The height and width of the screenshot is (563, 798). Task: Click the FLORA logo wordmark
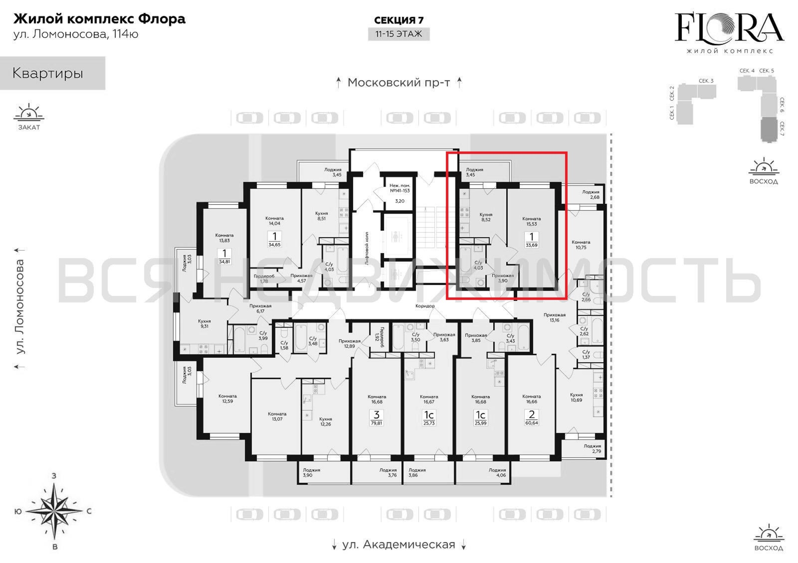click(729, 28)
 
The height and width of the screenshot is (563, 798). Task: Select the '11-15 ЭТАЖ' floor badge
click(399, 34)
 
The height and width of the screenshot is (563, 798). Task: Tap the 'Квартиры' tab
click(48, 73)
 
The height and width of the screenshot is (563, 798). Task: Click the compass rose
click(54, 511)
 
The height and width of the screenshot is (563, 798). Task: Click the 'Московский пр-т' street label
click(399, 83)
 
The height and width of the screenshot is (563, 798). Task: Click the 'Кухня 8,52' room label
click(486, 217)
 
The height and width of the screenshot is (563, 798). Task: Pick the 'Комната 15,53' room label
click(531, 221)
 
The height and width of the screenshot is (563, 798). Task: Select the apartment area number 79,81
click(376, 423)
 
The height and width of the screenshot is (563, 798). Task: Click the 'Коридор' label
click(425, 306)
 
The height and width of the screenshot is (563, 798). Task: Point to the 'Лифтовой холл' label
click(367, 248)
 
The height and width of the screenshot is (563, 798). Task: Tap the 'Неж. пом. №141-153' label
click(400, 188)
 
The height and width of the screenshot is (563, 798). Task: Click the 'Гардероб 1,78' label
click(264, 279)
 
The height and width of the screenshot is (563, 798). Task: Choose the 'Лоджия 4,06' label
click(497, 472)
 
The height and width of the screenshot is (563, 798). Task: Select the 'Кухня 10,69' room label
click(576, 397)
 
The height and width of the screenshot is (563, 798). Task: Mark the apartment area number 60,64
click(531, 423)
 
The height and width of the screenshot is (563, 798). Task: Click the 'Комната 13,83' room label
click(224, 238)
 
